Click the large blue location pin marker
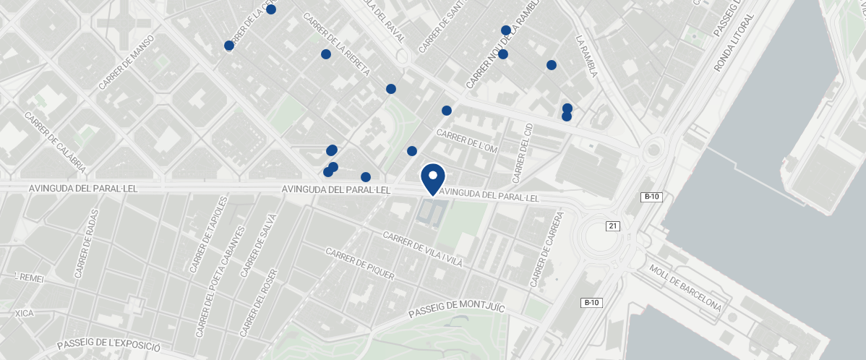433,178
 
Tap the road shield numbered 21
613,226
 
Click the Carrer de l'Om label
468,140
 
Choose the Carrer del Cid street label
522,153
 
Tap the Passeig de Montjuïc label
455,309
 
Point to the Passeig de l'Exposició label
108,346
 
